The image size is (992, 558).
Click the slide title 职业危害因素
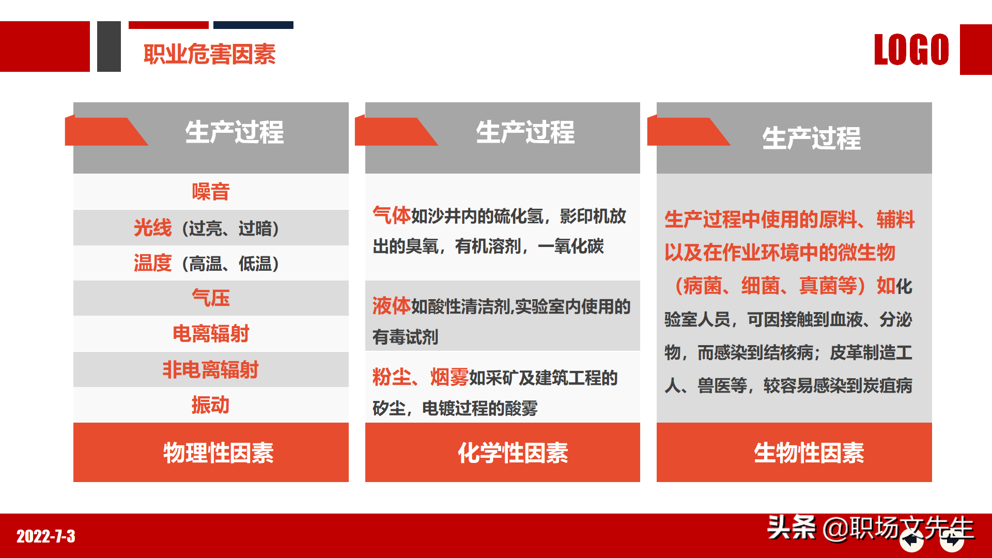(209, 54)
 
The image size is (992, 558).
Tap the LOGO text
(911, 50)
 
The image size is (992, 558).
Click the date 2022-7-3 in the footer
(46, 536)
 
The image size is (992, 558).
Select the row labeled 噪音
(211, 192)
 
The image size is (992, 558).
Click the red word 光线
(152, 228)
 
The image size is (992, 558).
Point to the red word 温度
(152, 263)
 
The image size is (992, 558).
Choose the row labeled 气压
(211, 298)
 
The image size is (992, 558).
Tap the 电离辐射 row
(211, 334)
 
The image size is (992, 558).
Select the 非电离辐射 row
(211, 369)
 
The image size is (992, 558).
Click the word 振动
(210, 405)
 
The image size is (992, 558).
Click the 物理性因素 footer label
(219, 453)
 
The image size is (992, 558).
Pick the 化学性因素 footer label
(513, 453)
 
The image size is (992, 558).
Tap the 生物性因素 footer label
(809, 453)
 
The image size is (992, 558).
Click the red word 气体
(392, 215)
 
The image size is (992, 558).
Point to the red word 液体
(392, 306)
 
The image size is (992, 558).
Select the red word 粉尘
(392, 377)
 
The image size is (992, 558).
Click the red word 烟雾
(450, 377)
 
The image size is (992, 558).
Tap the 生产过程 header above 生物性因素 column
(811, 138)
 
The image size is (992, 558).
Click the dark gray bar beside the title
(109, 47)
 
